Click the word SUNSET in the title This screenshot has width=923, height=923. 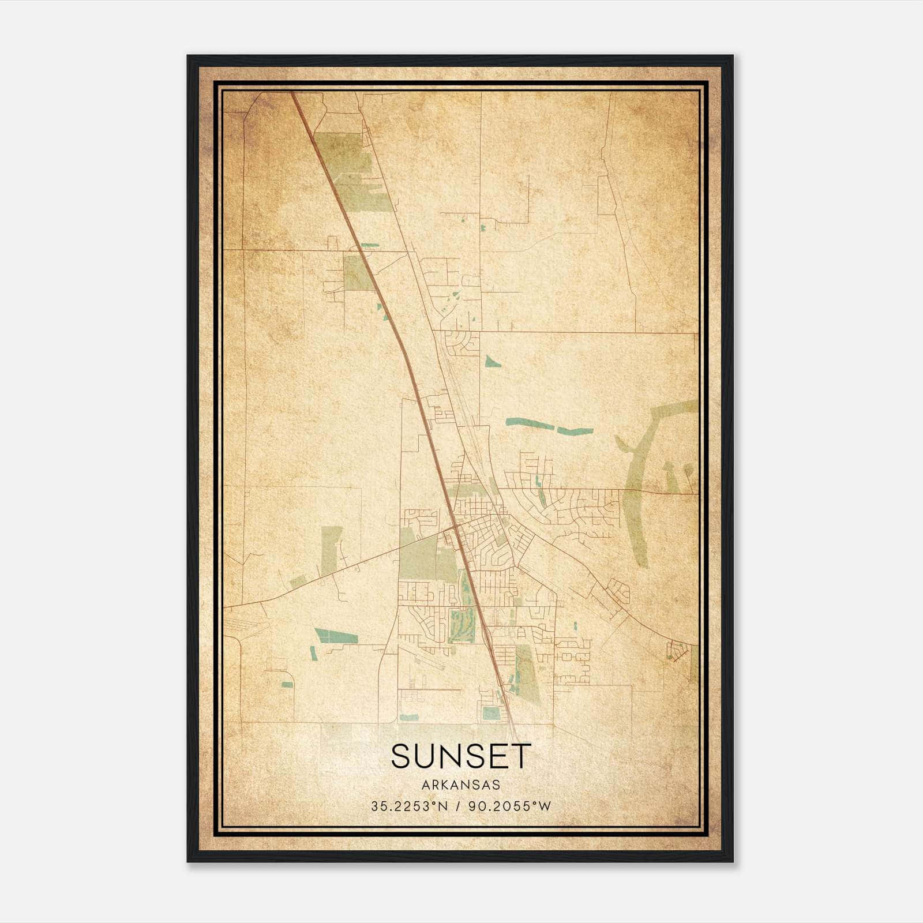click(x=460, y=756)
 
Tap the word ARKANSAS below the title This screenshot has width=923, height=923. click(x=460, y=785)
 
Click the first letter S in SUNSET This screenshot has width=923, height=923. click(x=402, y=756)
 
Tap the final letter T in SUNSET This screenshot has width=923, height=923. click(x=520, y=756)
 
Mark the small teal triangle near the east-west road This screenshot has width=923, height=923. click(x=492, y=362)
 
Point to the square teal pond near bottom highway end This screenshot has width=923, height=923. click(x=490, y=713)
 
